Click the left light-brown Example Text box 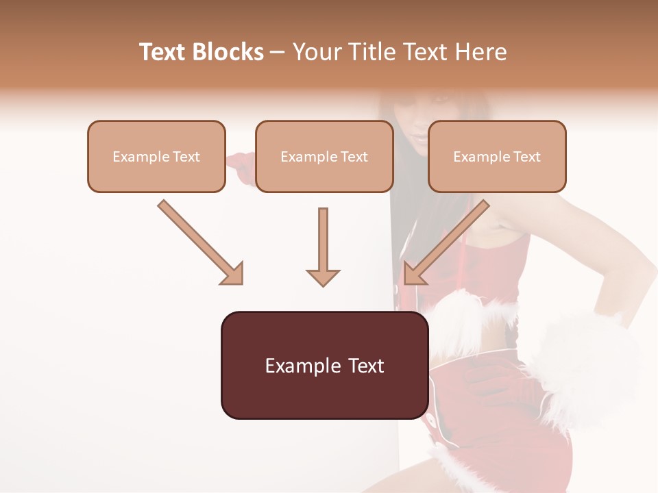tap(156, 156)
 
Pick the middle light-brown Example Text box tap(324, 156)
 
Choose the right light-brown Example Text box tap(497, 156)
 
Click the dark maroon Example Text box tap(324, 365)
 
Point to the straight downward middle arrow tap(323, 246)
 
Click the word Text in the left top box tap(186, 157)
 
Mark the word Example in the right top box tap(482, 157)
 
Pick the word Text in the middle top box tap(354, 157)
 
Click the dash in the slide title tap(278, 53)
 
